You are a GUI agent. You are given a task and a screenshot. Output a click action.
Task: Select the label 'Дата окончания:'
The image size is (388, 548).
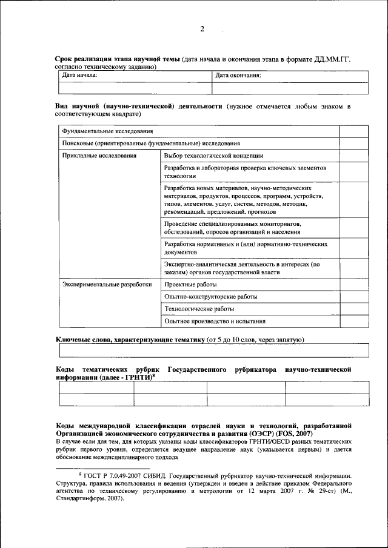coord(238,76)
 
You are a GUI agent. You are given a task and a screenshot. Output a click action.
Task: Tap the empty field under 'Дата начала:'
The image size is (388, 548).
coord(134,88)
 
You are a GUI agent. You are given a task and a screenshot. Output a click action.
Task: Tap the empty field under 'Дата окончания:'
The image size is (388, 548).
coord(289,88)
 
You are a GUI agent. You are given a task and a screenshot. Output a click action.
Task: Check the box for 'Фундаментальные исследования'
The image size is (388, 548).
coord(353,131)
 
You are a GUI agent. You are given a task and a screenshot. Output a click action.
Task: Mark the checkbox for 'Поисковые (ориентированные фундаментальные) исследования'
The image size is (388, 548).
coord(353,144)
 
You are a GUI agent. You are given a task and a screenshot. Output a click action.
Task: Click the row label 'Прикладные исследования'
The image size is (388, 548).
coord(90,156)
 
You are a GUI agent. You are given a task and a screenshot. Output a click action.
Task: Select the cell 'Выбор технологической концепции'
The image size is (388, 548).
coord(213,156)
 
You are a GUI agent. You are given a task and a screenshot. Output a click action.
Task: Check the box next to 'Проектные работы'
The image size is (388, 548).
coord(353,284)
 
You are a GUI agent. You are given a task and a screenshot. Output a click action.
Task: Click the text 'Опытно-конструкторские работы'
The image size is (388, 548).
coord(210,297)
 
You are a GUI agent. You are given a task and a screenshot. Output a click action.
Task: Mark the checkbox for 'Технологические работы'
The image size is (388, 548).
coord(353,309)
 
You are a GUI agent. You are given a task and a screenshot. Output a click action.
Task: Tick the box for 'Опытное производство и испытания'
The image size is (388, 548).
coord(353,322)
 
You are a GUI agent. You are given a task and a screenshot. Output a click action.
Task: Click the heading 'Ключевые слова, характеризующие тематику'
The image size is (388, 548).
coord(130,340)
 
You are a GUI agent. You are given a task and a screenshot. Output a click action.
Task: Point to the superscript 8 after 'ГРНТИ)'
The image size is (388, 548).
coord(155,375)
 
